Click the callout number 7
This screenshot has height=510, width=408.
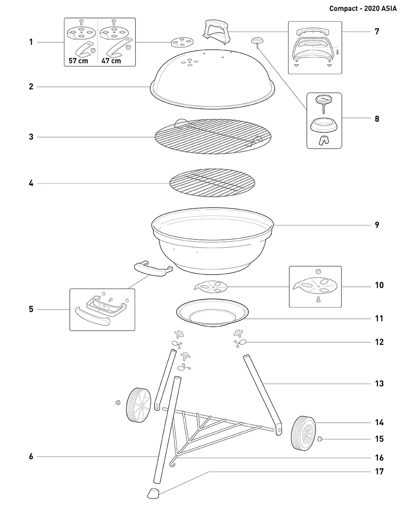click(x=377, y=31)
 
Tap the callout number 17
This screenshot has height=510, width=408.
click(x=379, y=472)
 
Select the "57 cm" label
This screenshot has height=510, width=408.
click(x=78, y=61)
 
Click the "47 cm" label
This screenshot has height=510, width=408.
click(x=111, y=61)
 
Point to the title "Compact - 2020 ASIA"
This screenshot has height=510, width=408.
click(x=363, y=9)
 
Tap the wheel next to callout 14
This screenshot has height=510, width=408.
click(x=304, y=433)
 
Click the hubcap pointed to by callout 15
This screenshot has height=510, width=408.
click(x=320, y=439)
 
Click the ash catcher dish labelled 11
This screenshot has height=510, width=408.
click(x=212, y=313)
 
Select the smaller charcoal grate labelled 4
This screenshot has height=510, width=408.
click(x=212, y=183)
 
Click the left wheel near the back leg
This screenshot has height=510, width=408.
click(x=138, y=405)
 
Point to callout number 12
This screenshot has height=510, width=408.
click(x=379, y=342)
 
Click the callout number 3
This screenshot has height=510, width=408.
click(x=31, y=137)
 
